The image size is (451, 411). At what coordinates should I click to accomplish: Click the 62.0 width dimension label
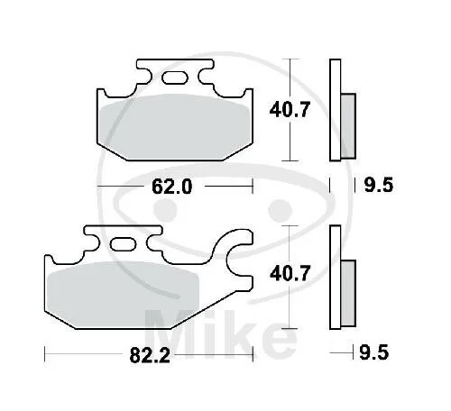pyautogui.click(x=171, y=187)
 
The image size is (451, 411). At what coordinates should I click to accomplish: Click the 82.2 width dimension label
pyautogui.click(x=150, y=355)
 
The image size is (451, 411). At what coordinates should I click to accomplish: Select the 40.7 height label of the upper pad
pyautogui.click(x=290, y=110)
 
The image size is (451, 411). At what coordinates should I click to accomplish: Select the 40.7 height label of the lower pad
pyautogui.click(x=290, y=274)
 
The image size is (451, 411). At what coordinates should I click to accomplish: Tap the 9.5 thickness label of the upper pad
pyautogui.click(x=379, y=185)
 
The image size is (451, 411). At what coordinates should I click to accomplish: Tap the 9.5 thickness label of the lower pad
pyautogui.click(x=374, y=352)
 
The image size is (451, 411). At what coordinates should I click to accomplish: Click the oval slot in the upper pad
pyautogui.click(x=175, y=78)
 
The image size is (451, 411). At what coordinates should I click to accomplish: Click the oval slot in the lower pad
pyautogui.click(x=124, y=244)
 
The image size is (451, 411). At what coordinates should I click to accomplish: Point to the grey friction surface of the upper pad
pyautogui.click(x=176, y=127)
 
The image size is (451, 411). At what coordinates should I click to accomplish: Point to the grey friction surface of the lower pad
pyautogui.click(x=123, y=295)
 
